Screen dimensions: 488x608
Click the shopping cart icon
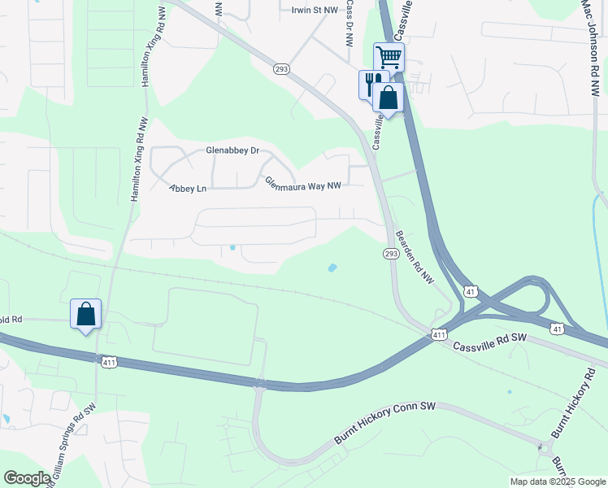point(389,57)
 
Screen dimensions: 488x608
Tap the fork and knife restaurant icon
point(371,83)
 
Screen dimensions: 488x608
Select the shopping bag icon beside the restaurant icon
point(389,98)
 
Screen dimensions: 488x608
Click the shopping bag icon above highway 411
point(86,314)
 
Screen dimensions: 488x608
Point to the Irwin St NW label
point(314,10)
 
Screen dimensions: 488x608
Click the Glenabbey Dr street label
point(232,150)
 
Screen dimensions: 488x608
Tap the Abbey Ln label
point(188,189)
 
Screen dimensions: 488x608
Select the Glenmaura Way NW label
point(302,184)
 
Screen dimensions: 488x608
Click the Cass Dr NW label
point(349,22)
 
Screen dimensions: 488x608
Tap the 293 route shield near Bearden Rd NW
point(391,254)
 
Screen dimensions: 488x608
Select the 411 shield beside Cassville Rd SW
point(439,334)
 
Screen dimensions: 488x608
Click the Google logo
point(27,478)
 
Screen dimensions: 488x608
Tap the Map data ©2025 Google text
point(557,481)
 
